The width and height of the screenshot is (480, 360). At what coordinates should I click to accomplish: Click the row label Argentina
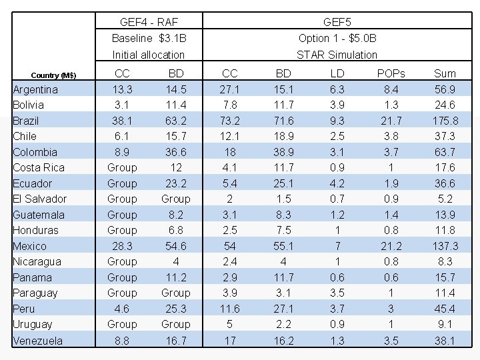[x=35, y=89]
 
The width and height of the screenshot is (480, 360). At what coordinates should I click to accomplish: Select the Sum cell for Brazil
[x=445, y=121]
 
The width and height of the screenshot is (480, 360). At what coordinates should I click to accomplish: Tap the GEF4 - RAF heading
[x=148, y=21]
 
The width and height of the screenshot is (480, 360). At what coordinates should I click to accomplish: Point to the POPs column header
[x=391, y=73]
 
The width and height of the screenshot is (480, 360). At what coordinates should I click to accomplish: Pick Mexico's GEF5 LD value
[x=337, y=246]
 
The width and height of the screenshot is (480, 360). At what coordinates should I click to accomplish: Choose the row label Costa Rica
[x=39, y=167]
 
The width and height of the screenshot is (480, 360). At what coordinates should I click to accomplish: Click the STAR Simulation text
[x=337, y=55]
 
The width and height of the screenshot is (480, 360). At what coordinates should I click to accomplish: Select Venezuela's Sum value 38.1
[x=445, y=341]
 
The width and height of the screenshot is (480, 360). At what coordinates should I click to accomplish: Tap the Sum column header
[x=445, y=73]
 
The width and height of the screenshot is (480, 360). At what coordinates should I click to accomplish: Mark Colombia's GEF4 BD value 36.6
[x=175, y=152]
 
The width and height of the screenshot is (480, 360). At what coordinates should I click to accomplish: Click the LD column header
[x=337, y=73]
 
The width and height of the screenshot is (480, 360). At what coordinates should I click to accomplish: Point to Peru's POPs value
[x=391, y=309]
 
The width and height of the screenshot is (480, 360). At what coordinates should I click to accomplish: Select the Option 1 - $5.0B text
[x=337, y=38]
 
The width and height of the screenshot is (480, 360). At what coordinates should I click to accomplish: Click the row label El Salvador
[x=40, y=199]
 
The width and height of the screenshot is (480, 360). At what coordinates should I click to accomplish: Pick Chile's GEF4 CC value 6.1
[x=122, y=136]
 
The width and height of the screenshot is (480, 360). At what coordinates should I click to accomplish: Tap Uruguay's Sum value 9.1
[x=445, y=324]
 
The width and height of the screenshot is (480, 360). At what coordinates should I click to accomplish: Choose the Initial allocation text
[x=148, y=55]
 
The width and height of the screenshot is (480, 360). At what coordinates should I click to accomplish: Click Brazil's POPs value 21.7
[x=391, y=121]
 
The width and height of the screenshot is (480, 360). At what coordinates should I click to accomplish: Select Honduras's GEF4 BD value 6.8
[x=175, y=230]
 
